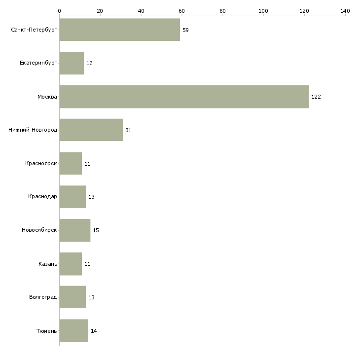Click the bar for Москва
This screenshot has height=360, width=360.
pyautogui.click(x=184, y=97)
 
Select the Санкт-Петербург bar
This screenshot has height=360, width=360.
pyautogui.click(x=120, y=30)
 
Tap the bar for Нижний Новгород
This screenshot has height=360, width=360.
pyautogui.click(x=91, y=130)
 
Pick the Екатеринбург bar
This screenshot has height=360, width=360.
pyautogui.click(x=72, y=63)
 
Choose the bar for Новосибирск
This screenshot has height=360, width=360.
pyautogui.click(x=75, y=230)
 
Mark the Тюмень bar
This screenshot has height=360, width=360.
pyautogui.click(x=74, y=330)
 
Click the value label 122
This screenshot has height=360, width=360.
pyautogui.click(x=316, y=97)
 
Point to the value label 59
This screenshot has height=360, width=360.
pyautogui.click(x=185, y=30)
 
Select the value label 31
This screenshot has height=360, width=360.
pyautogui.click(x=128, y=130)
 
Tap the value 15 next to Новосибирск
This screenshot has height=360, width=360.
pyautogui.click(x=96, y=230)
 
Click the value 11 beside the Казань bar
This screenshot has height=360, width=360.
pyautogui.click(x=87, y=264)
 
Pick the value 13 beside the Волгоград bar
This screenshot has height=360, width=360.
pyautogui.click(x=91, y=297)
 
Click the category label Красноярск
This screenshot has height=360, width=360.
pyautogui.click(x=41, y=163)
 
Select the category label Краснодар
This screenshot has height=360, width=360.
pyautogui.click(x=42, y=197)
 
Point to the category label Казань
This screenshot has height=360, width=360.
pyautogui.click(x=48, y=264)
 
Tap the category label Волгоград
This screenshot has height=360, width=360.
pyautogui.click(x=43, y=297)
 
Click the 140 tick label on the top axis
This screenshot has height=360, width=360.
pyautogui.click(x=345, y=11)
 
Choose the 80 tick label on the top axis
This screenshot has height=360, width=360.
pyautogui.click(x=222, y=11)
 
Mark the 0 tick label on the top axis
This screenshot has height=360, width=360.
pyautogui.click(x=60, y=11)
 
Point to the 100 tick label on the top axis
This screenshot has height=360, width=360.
pyautogui.click(x=263, y=11)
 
